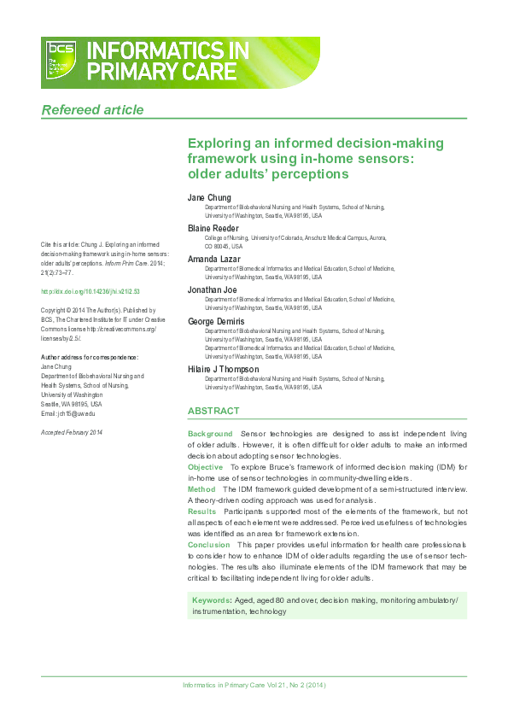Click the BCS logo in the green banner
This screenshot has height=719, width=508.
[62, 60]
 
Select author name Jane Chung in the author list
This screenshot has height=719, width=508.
[209, 198]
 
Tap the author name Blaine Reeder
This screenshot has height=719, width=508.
[213, 228]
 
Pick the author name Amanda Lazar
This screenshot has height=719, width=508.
[213, 259]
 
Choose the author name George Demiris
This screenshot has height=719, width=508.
[216, 320]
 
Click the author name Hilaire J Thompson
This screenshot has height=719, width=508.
[223, 369]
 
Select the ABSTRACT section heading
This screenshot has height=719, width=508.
[213, 411]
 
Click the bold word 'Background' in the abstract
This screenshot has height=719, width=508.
[210, 435]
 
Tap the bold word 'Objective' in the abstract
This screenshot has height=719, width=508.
[206, 467]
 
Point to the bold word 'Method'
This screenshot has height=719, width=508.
[201, 489]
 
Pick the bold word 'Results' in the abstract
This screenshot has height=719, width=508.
[202, 511]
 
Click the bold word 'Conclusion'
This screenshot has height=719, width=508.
[209, 544]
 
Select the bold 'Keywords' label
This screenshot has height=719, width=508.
[211, 601]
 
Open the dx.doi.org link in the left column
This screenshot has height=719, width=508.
[91, 291]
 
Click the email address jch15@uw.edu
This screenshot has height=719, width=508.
[73, 413]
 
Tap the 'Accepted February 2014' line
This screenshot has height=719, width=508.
[72, 433]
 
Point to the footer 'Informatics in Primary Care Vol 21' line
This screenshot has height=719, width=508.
[254, 686]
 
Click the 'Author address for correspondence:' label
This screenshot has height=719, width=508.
[90, 356]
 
